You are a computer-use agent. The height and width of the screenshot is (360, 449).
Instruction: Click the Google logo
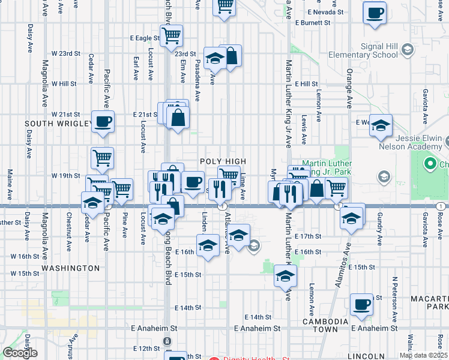click(x=20, y=353)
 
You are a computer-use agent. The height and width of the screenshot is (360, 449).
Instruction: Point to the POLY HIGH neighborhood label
click(x=223, y=161)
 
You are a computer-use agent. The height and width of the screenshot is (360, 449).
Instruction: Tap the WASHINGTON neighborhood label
click(x=71, y=268)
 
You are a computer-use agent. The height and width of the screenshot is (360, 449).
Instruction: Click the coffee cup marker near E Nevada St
click(x=375, y=13)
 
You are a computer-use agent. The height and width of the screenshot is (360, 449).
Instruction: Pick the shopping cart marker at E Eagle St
click(x=172, y=35)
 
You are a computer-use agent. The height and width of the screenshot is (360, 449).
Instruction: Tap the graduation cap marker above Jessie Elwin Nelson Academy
click(x=381, y=126)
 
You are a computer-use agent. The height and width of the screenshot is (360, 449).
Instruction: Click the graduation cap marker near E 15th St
click(x=286, y=276)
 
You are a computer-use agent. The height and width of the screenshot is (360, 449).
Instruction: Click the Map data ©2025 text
click(x=423, y=355)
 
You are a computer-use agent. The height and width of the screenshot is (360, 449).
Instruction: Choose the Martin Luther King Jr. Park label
click(x=325, y=167)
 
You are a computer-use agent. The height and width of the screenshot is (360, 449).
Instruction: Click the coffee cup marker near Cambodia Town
click(x=361, y=305)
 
